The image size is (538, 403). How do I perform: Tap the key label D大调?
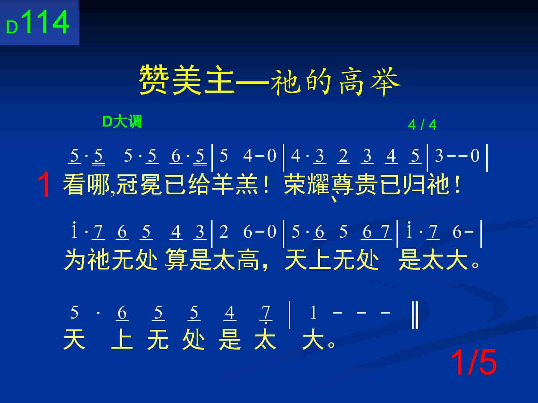122,122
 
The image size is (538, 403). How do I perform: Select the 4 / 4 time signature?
422,125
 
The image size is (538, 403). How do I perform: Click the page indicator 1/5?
473,363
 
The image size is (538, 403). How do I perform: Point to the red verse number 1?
44,185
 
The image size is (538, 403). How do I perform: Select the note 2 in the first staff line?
343,156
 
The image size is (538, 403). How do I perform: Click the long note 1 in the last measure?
313,313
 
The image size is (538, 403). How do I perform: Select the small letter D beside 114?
12,28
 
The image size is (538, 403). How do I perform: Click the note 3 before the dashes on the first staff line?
439,156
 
